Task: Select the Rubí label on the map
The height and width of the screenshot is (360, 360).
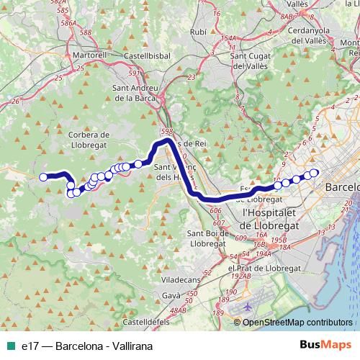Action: point(198,32)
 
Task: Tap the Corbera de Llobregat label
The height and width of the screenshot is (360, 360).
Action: point(88,138)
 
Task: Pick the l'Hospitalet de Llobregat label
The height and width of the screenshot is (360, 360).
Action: point(276,219)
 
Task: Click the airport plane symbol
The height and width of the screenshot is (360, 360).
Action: point(248,306)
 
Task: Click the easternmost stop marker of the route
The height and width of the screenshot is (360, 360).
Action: point(313,173)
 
